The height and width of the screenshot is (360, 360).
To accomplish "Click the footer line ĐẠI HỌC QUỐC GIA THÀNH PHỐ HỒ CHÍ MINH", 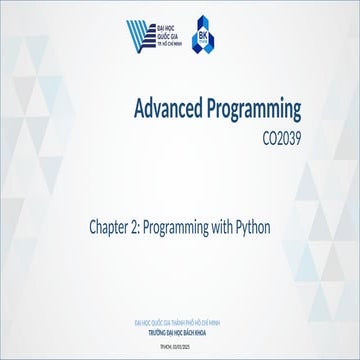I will [x=180, y=322].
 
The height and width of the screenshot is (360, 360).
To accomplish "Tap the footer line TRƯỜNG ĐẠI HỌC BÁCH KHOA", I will [x=180, y=329].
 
